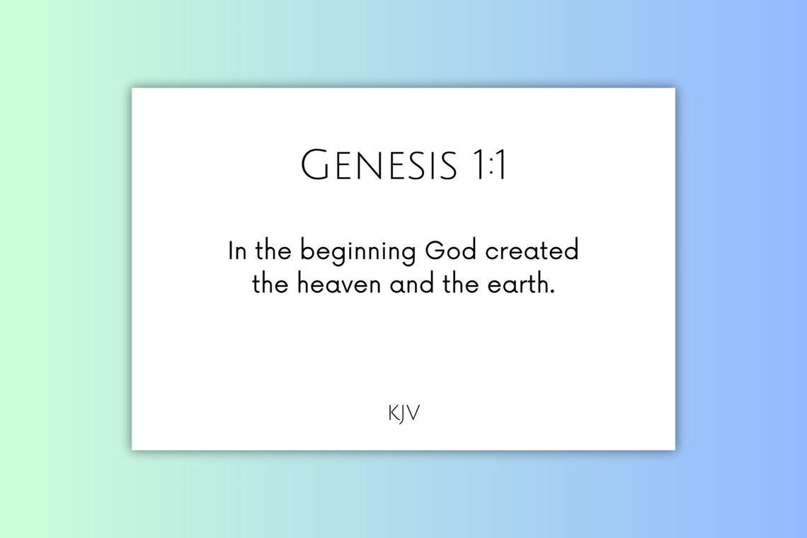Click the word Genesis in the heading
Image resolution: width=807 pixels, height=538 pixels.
pos(379,166)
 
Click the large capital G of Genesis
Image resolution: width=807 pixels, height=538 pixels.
pos(315,166)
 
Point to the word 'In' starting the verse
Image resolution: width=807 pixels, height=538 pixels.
pos(236,251)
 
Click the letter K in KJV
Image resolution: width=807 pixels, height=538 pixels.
pos(393,413)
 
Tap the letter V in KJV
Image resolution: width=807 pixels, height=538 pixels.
pos(413,413)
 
